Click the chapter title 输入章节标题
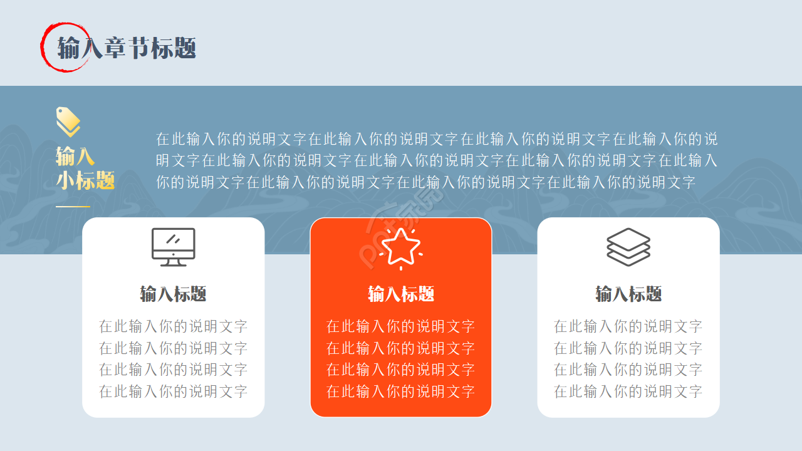pyautogui.click(x=127, y=48)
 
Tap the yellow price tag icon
pyautogui.click(x=68, y=122)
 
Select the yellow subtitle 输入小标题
pyautogui.click(x=85, y=168)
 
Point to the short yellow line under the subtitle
pyautogui.click(x=73, y=206)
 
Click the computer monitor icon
pyautogui.click(x=174, y=246)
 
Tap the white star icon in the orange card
pyautogui.click(x=401, y=248)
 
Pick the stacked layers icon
pyautogui.click(x=628, y=247)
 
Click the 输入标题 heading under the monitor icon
pyautogui.click(x=174, y=294)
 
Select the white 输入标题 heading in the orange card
pyautogui.click(x=401, y=294)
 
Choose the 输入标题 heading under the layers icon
pyautogui.click(x=628, y=294)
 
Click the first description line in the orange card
pyautogui.click(x=401, y=326)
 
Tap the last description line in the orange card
pyautogui.click(x=401, y=392)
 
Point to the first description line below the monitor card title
pyautogui.click(x=174, y=326)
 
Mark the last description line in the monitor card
pyautogui.click(x=174, y=392)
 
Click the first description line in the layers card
pyautogui.click(x=628, y=326)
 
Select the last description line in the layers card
pyautogui.click(x=628, y=392)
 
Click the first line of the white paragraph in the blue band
pyautogui.click(x=437, y=138)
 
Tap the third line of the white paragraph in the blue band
pyautogui.click(x=426, y=182)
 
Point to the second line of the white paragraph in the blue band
pyautogui.click(x=437, y=160)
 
